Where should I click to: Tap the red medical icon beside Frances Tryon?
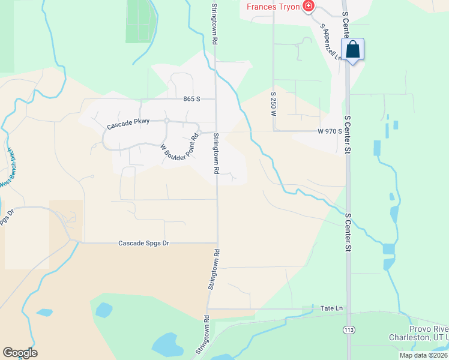pos(309,7)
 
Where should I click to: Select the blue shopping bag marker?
pos(353,49)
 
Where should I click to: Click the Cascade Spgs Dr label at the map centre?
pos(144,242)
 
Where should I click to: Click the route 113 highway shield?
pos(348,329)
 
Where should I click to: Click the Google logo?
pos(20,352)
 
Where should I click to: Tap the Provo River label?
pos(429,329)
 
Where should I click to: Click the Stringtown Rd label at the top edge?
pos(214,24)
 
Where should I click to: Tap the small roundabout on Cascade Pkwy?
pos(167,121)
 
